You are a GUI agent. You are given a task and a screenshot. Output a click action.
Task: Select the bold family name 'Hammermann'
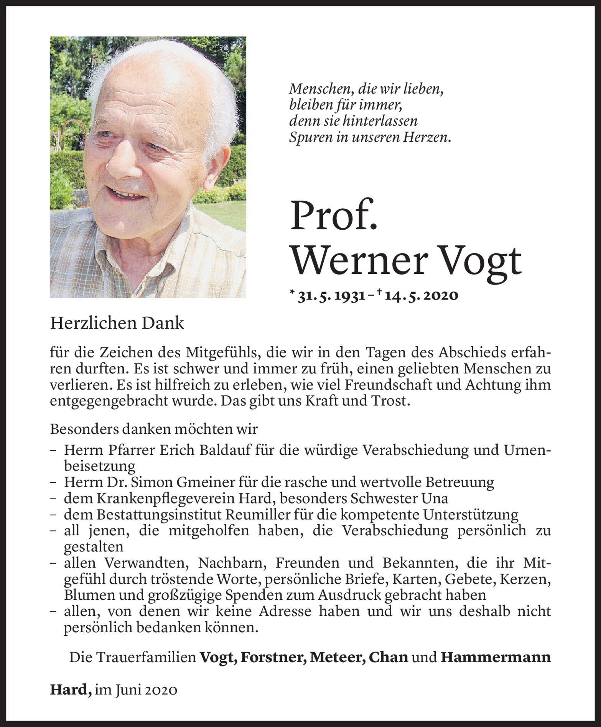[496, 657]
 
